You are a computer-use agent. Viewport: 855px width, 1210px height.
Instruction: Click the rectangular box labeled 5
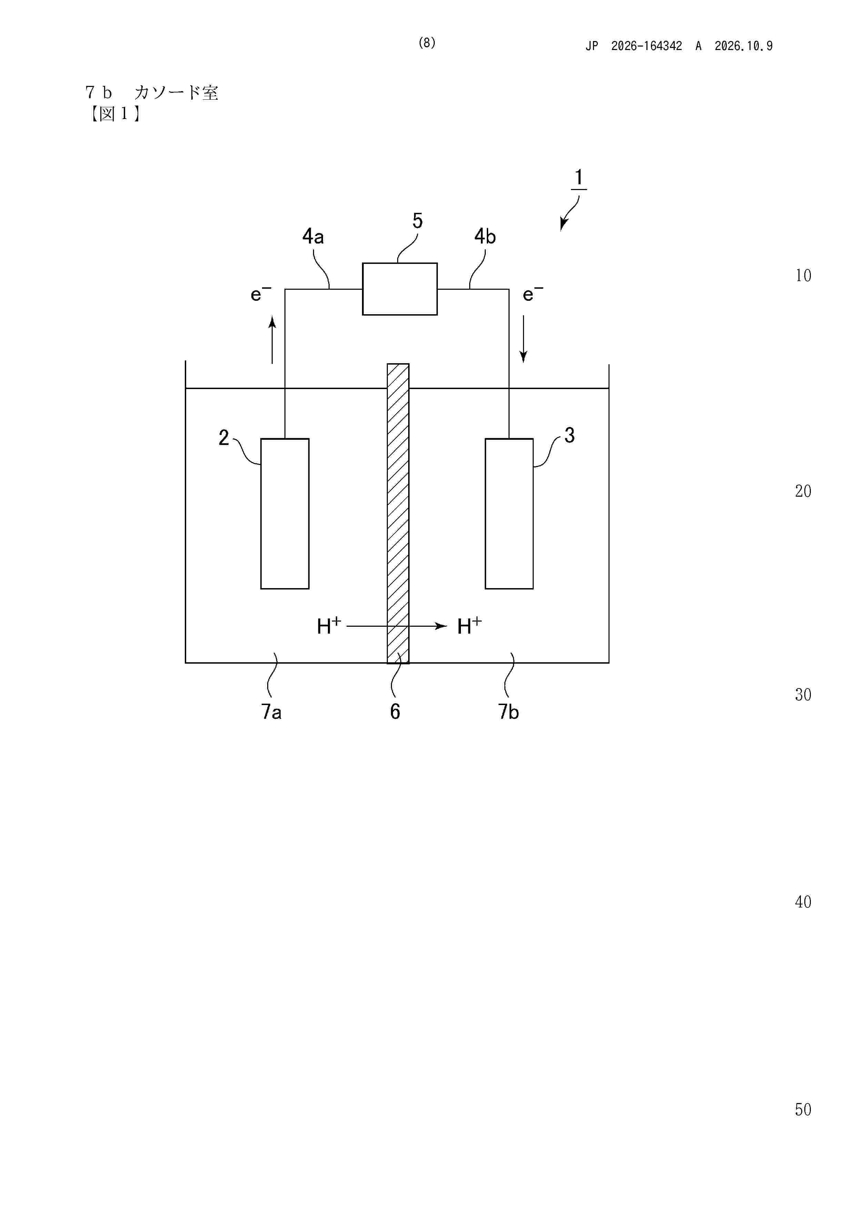pyautogui.click(x=400, y=289)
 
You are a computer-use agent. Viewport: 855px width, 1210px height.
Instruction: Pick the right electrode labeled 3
pyautogui.click(x=509, y=513)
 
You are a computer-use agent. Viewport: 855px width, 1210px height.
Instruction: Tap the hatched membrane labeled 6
pyautogui.click(x=398, y=513)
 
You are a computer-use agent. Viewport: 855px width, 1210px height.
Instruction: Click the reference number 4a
pyautogui.click(x=313, y=237)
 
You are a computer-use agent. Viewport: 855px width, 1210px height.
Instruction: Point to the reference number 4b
pyautogui.click(x=485, y=237)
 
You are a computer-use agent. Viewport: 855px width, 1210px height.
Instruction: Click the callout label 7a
pyautogui.click(x=271, y=712)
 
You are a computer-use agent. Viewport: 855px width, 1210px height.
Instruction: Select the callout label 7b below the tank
pyautogui.click(x=509, y=712)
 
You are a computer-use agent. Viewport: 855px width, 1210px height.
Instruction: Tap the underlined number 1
pyautogui.click(x=579, y=178)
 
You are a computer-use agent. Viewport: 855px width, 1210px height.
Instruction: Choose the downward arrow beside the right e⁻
pyautogui.click(x=523, y=339)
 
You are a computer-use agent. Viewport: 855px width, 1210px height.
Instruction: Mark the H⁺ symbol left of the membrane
pyautogui.click(x=329, y=626)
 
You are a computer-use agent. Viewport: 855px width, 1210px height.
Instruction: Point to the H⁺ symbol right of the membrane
pyautogui.click(x=469, y=626)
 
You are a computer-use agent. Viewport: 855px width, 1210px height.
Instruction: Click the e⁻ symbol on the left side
pyautogui.click(x=261, y=293)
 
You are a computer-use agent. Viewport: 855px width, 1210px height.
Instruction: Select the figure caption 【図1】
pyautogui.click(x=114, y=113)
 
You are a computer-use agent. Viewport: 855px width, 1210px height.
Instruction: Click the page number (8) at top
pyautogui.click(x=427, y=43)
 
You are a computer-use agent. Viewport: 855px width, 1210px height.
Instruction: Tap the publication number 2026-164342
pyautogui.click(x=646, y=46)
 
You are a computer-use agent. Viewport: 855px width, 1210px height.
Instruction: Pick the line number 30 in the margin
pyautogui.click(x=803, y=695)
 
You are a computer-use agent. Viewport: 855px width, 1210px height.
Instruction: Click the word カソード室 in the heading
pyautogui.click(x=176, y=93)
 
